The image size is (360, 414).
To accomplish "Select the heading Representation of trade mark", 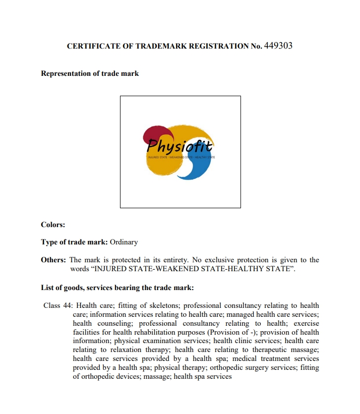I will pos(90,73).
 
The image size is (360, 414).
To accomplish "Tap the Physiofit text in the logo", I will pos(180,146).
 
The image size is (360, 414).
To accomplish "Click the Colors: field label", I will pos(53,225).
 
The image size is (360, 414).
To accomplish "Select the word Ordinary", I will pos(123,242).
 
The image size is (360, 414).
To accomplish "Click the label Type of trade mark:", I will pos(74,242).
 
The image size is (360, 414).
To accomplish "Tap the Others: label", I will pos(53,260).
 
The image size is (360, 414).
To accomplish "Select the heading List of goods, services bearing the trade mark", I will pos(117,288).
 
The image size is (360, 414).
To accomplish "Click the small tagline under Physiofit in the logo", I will pos(181,157).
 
